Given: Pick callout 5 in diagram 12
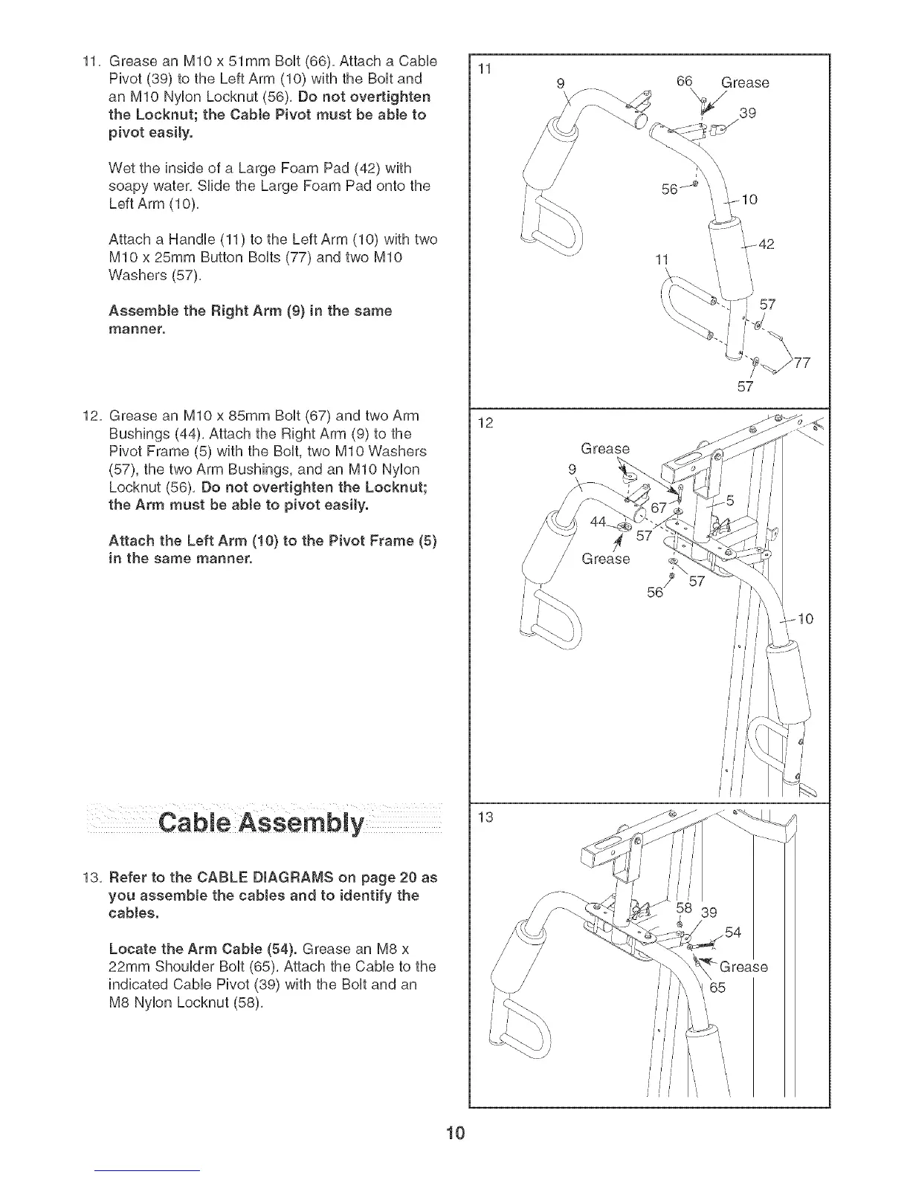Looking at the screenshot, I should [x=730, y=501].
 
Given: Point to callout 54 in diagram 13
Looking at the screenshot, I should [x=733, y=933].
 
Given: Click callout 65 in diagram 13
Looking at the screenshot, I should [x=716, y=988].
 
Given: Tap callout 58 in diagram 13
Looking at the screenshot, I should [x=685, y=907].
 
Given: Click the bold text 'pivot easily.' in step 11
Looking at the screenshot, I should [x=151, y=133].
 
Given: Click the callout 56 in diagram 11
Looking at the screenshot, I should [x=670, y=189].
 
